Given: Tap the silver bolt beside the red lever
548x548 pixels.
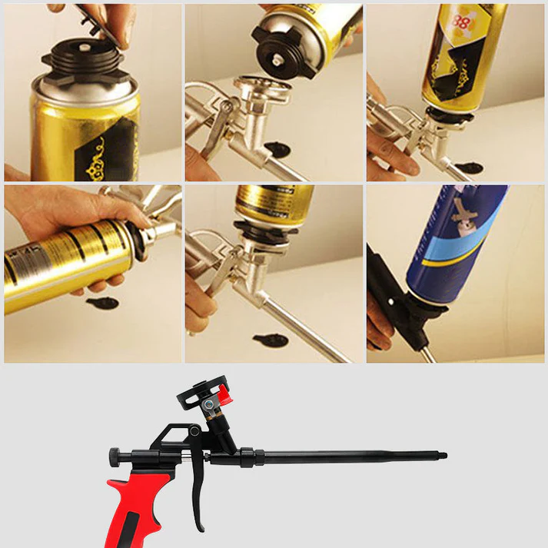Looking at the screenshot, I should coord(209,404).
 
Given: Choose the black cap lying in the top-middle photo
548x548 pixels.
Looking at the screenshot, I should coord(274,145).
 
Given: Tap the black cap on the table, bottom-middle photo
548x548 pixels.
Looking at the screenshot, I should coord(270,340).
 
